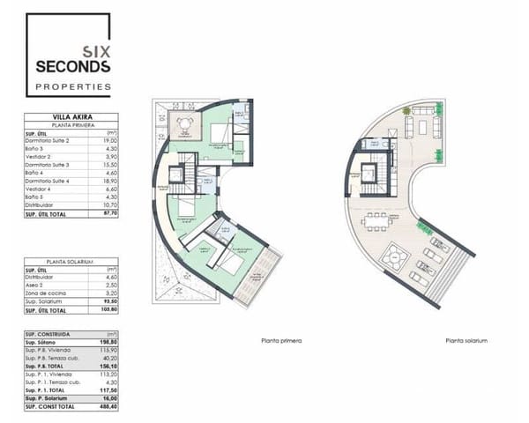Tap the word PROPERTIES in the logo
pos(73,86)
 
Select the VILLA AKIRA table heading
pos(72,116)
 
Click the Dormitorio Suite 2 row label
pos(48,140)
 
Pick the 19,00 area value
pos(110,140)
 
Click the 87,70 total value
pos(110,212)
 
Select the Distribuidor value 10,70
pos(110,204)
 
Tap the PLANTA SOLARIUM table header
pos(72,262)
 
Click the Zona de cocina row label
pos(44,294)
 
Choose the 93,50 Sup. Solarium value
pos(110,302)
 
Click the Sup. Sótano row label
pos(40,344)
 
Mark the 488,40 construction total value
pos(110,408)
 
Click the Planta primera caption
pos(277,341)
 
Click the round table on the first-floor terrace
pos(183,123)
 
